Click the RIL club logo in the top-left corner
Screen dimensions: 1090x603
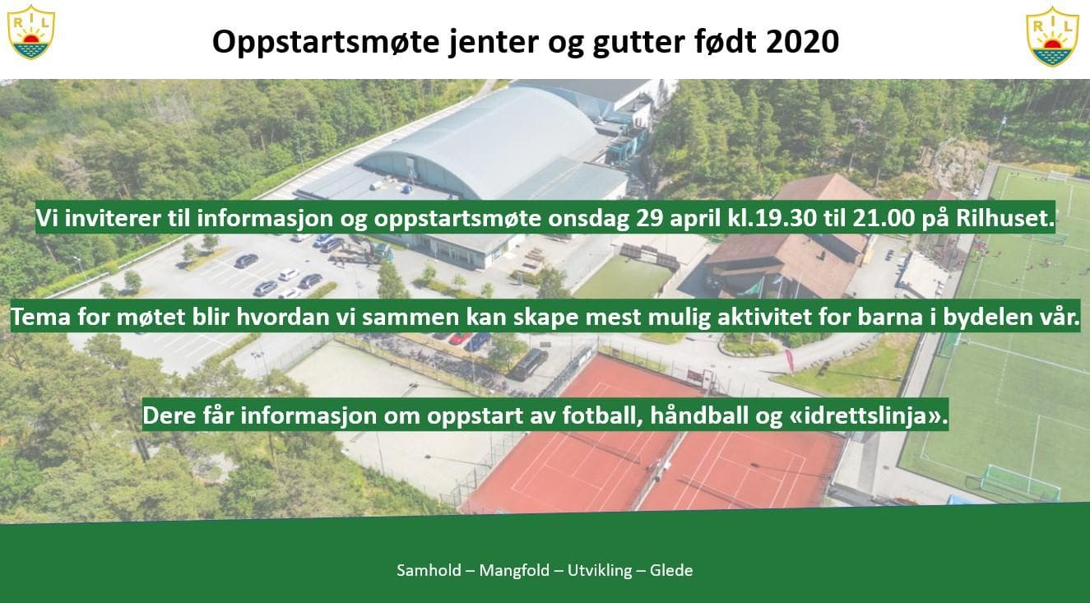tap(31, 32)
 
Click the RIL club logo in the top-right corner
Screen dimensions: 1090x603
tap(1052, 36)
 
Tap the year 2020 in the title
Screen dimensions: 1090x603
tap(802, 42)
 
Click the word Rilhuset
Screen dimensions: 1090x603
tap(1005, 218)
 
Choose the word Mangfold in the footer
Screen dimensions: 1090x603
tap(514, 571)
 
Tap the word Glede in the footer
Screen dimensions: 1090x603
tap(671, 570)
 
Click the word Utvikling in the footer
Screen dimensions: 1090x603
tap(600, 571)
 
